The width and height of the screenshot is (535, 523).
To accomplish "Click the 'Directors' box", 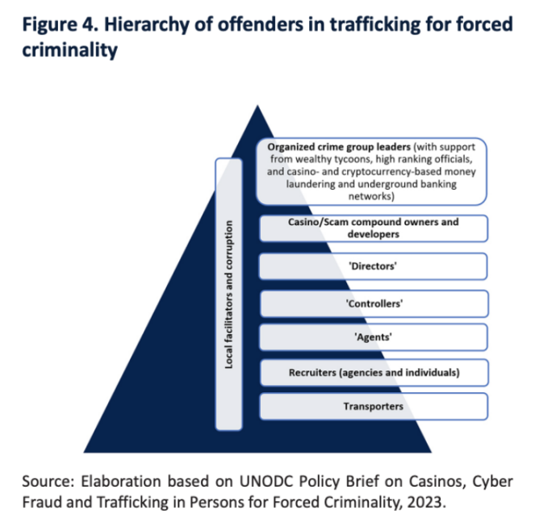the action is click(x=373, y=266).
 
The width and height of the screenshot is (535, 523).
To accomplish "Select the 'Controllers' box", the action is click(x=374, y=303).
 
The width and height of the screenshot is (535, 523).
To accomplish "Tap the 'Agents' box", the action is click(x=373, y=337).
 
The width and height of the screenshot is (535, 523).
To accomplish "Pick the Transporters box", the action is click(x=374, y=406).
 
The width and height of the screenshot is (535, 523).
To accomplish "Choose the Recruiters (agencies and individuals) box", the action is click(x=374, y=373).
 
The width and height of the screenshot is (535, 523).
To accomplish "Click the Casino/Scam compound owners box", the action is click(x=374, y=228).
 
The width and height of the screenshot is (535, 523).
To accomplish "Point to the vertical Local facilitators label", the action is click(x=228, y=295).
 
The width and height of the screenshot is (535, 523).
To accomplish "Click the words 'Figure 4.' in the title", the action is click(x=60, y=25).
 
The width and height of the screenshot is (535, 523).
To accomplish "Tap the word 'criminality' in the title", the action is click(x=70, y=50).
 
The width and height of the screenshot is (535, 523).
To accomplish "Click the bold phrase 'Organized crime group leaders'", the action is click(x=339, y=147).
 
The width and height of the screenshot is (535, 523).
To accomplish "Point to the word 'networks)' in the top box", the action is click(x=371, y=196).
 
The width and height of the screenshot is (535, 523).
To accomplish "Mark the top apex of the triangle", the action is click(x=257, y=105).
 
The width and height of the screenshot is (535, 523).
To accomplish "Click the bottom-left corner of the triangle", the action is click(x=84, y=453).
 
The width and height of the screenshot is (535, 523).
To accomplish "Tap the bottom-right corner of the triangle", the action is click(x=432, y=453).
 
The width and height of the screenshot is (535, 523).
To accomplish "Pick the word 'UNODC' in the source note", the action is click(x=266, y=482).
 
